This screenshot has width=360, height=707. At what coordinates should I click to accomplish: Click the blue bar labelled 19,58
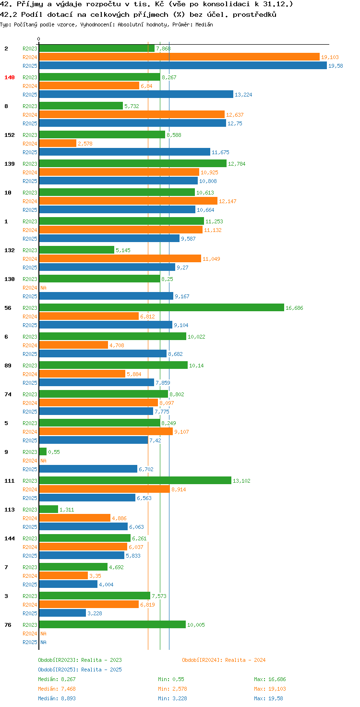[183, 66]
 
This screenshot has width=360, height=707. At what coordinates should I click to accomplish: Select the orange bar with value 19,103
[180, 57]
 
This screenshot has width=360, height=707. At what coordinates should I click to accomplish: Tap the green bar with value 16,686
[162, 308]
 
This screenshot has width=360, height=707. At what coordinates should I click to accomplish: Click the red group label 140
[10, 77]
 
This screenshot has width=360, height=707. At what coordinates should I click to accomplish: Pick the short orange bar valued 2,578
[58, 144]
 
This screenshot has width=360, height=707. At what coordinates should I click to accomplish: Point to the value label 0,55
[54, 452]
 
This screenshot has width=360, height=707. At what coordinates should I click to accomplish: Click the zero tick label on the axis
[38, 39]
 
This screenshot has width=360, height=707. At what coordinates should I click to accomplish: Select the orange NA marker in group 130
[43, 288]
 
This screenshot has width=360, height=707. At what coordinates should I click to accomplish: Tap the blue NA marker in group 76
[43, 642]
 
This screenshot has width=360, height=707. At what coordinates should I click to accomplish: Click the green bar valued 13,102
[135, 481]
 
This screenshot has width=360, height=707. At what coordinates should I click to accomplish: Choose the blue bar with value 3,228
[62, 613]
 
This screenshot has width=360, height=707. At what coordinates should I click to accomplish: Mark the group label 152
[10, 135]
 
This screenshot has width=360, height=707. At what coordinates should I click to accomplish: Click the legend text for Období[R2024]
[224, 660]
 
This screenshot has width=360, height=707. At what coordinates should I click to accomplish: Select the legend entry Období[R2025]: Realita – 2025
[80, 670]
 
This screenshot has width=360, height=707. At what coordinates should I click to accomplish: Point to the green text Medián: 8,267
[57, 679]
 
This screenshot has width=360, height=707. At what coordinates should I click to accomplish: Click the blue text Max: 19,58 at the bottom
[268, 698]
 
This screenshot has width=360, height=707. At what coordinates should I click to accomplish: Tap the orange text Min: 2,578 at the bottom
[172, 689]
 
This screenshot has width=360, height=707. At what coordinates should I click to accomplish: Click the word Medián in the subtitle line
[204, 24]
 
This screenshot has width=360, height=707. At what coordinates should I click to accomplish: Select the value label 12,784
[237, 164]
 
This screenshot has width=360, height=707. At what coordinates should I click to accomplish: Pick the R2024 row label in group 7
[30, 576]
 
